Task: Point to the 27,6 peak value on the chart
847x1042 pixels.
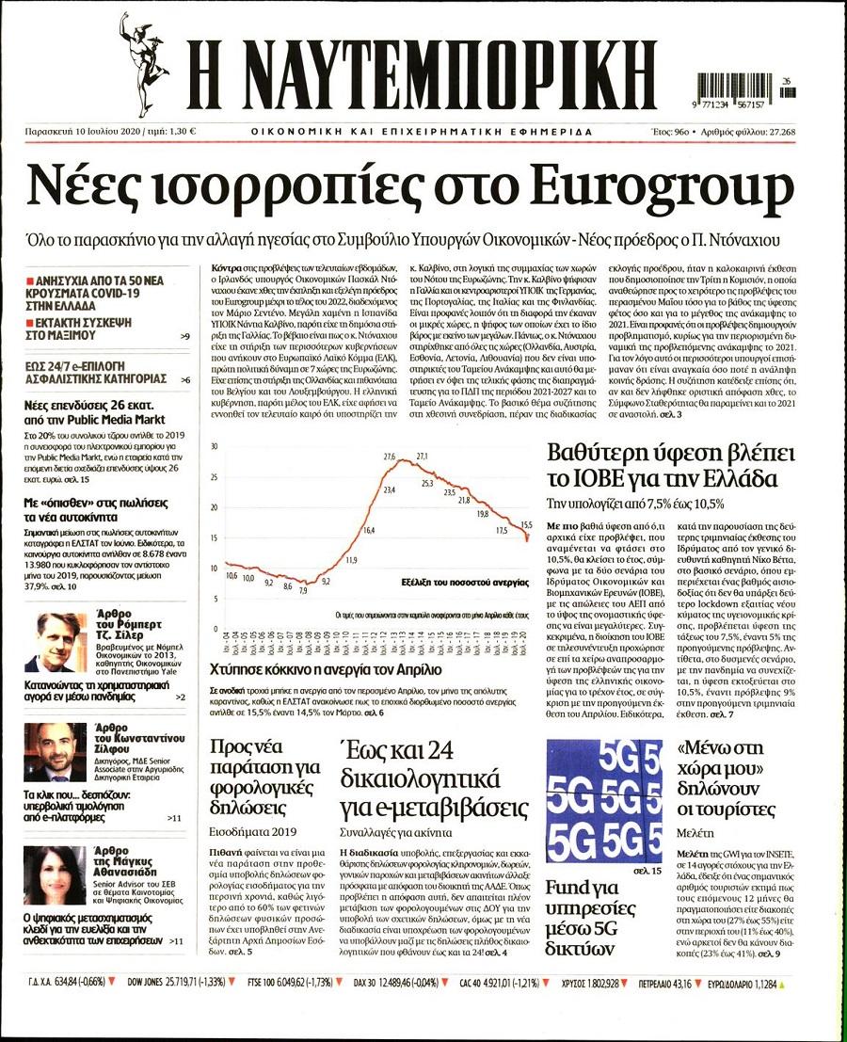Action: point(389,457)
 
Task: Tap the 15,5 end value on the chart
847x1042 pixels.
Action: point(526,525)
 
